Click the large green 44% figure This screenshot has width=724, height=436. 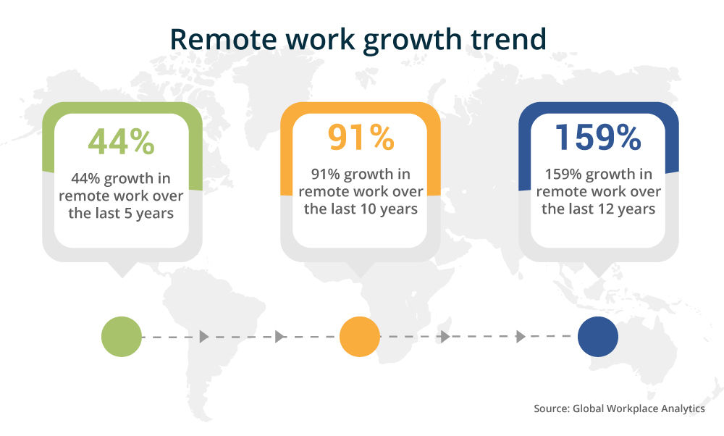pyautogui.click(x=122, y=141)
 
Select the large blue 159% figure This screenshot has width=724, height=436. pyautogui.click(x=598, y=137)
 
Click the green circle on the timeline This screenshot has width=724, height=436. pyautogui.click(x=122, y=337)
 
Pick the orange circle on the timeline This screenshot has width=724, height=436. pyautogui.click(x=360, y=337)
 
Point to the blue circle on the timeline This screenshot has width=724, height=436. pyautogui.click(x=598, y=337)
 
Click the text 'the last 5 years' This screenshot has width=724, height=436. pyautogui.click(x=122, y=214)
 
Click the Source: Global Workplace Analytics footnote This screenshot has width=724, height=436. pyautogui.click(x=619, y=408)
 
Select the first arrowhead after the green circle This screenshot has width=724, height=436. pyautogui.click(x=203, y=337)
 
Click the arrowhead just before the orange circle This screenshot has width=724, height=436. pyautogui.click(x=280, y=337)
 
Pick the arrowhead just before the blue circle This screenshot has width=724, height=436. pyautogui.click(x=519, y=337)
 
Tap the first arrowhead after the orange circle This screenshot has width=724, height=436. pyautogui.click(x=445, y=337)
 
